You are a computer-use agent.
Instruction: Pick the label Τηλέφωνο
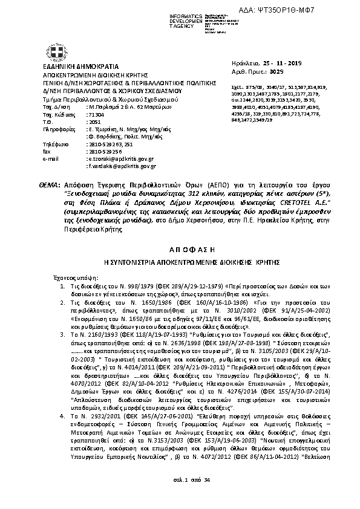click(54, 144)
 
